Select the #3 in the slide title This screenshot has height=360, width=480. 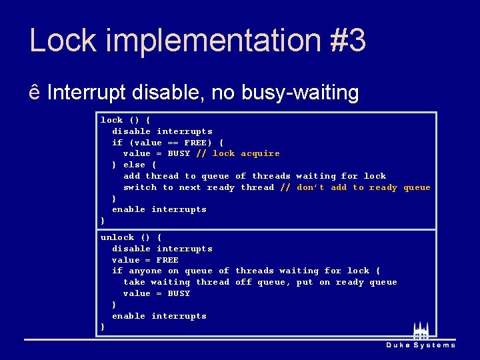(x=347, y=41)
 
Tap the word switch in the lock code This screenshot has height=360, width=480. (x=140, y=187)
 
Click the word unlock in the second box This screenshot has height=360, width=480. (x=117, y=237)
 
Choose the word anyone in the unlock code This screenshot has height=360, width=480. (x=145, y=271)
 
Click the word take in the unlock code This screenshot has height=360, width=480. (x=134, y=282)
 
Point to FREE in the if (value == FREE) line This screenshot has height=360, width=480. (x=195, y=142)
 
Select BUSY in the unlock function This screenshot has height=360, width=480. (x=179, y=293)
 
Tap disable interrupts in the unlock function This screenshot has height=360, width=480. (x=162, y=249)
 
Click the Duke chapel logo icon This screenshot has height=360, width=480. (x=421, y=331)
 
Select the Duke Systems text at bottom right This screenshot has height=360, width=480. (x=421, y=345)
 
